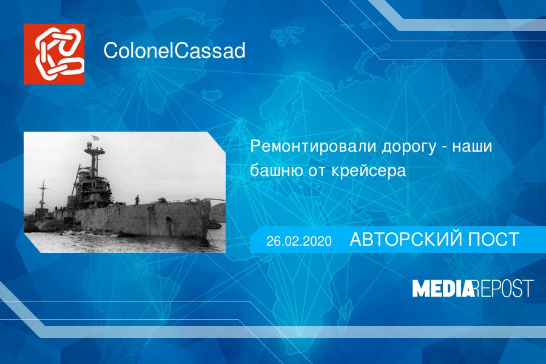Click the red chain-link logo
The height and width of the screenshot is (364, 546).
coord(54,54)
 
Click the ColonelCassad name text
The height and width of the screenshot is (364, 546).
coord(175,50)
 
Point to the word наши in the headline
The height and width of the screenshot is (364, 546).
coord(472,147)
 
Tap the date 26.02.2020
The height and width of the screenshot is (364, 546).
coord(298,241)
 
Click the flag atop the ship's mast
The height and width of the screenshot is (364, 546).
coord(95,138)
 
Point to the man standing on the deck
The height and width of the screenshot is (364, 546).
coord(137,200)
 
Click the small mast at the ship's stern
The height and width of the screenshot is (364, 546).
coord(43,195)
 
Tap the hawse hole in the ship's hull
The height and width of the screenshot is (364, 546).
coord(169,220)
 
